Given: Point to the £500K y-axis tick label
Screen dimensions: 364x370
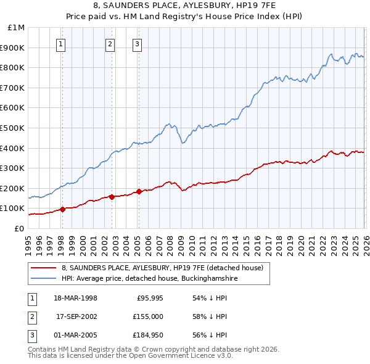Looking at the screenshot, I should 13,128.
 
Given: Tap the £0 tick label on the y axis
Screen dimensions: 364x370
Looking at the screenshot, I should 19,228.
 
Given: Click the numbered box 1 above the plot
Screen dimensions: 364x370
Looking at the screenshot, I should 62,44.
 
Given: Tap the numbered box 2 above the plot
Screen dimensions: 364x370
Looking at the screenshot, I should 110,44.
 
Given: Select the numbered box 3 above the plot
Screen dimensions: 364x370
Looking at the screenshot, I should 136,44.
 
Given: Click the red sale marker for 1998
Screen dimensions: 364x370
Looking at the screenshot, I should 63,209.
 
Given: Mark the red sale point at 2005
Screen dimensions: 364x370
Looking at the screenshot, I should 139,191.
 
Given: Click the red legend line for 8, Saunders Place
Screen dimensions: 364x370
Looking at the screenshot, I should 44,268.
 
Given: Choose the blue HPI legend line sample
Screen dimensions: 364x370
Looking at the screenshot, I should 44,279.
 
